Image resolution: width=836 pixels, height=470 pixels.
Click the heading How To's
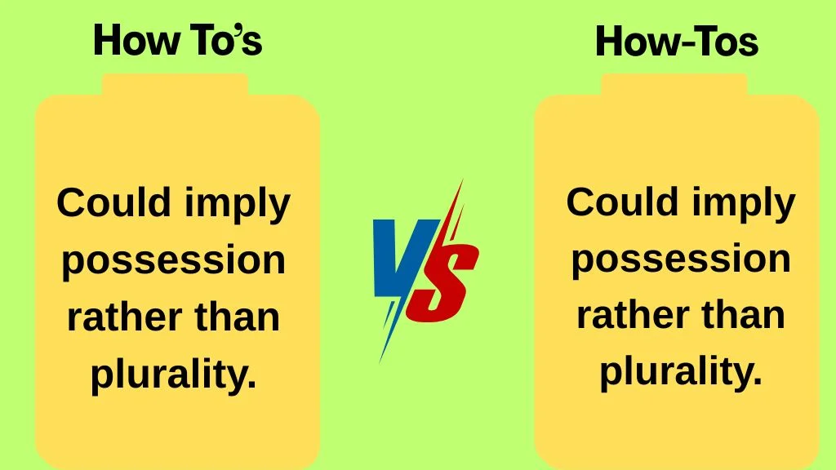click(177, 41)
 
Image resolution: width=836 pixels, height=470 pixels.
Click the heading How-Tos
click(677, 42)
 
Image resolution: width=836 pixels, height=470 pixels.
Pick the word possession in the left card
click(174, 260)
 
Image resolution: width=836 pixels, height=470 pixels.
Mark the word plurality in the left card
click(172, 375)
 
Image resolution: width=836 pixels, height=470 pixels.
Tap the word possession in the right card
click(680, 259)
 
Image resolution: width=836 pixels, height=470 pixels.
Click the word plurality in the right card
click(680, 372)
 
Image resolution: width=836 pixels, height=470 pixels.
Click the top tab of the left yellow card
click(175, 84)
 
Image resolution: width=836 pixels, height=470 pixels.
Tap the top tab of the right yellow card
click(674, 84)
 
